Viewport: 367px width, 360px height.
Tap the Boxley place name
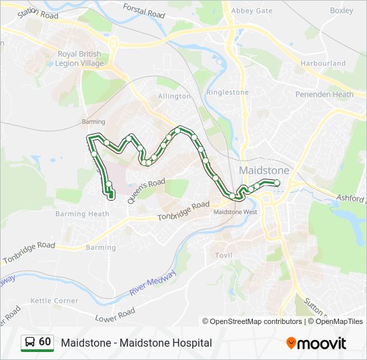click(x=341, y=11)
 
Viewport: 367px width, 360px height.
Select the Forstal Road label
click(x=143, y=9)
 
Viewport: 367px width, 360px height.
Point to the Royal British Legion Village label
click(x=80, y=59)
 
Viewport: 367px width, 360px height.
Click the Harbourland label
click(x=323, y=63)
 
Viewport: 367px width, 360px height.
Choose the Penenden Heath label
click(x=324, y=95)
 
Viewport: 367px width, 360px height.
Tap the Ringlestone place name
click(x=228, y=93)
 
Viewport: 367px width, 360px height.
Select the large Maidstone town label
click(x=264, y=171)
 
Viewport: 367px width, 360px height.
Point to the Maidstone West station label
click(x=235, y=212)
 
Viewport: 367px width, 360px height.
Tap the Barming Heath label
click(x=83, y=214)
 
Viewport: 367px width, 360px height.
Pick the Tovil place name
click(x=222, y=255)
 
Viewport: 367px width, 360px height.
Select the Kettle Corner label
click(x=54, y=301)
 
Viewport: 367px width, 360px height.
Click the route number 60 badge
click(x=38, y=342)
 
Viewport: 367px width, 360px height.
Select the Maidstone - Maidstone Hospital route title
click(x=136, y=343)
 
